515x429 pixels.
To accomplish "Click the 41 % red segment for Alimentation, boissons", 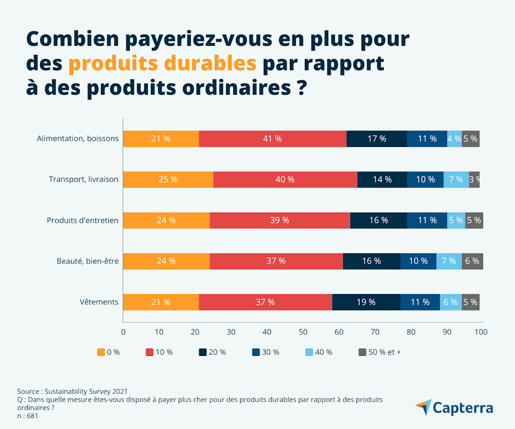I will click(272, 139).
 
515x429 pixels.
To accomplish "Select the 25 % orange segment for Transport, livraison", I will click(168, 179).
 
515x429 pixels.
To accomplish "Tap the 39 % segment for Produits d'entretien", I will click(280, 220).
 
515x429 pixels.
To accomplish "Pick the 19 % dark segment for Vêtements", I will click(366, 302).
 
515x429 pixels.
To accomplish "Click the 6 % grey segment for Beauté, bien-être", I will click(472, 261).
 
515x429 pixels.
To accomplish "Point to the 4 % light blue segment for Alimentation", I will click(454, 139).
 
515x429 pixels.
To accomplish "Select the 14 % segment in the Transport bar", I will click(382, 179).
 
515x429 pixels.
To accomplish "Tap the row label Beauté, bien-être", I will click(88, 261).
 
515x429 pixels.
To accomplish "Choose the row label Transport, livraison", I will click(83, 179).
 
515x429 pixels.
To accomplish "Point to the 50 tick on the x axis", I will click(303, 332).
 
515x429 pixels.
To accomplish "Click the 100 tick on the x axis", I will click(481, 332).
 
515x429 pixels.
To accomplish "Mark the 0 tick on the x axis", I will click(123, 332).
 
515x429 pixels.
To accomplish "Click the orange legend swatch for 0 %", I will click(101, 352).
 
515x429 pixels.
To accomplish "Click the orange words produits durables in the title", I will click(162, 63).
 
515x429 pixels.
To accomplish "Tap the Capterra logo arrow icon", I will click(423, 407).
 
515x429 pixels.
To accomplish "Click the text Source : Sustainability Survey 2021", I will click(73, 391).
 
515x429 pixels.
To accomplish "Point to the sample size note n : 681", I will click(28, 416).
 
